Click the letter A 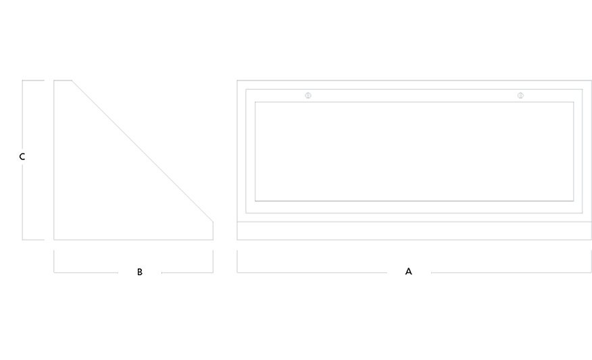408,272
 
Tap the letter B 140,272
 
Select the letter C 22,157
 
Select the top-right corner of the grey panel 591,80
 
